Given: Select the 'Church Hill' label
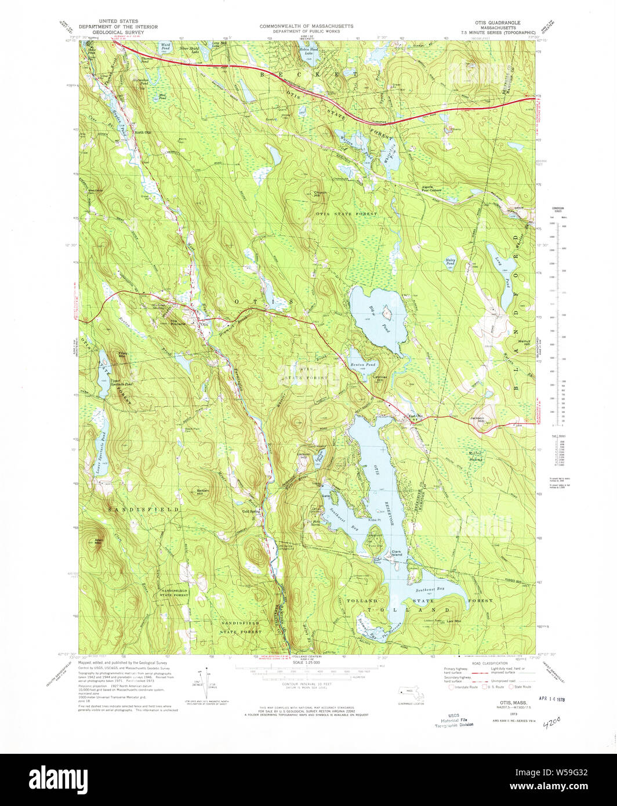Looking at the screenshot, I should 321,194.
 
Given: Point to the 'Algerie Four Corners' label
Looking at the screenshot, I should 432,188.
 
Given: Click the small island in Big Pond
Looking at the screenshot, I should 386,313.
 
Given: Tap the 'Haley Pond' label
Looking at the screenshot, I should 449,263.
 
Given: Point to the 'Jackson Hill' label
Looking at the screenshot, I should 477,418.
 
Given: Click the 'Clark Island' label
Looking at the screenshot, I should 397,553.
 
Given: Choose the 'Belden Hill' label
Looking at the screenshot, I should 203,491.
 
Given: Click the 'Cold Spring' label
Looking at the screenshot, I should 251,511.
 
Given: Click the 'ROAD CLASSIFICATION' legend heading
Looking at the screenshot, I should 491,663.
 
